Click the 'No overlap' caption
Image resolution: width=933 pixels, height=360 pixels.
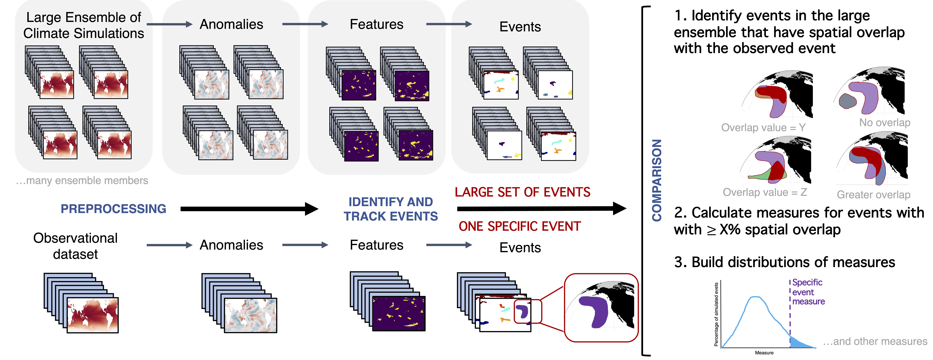coord(884,123)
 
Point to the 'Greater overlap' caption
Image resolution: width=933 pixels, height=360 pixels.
coord(873,195)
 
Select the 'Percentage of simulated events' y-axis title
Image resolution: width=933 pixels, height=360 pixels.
coord(716,314)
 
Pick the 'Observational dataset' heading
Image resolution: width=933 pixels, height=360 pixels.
coord(75,246)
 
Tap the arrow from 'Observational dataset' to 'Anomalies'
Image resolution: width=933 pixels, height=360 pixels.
coord(169,245)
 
